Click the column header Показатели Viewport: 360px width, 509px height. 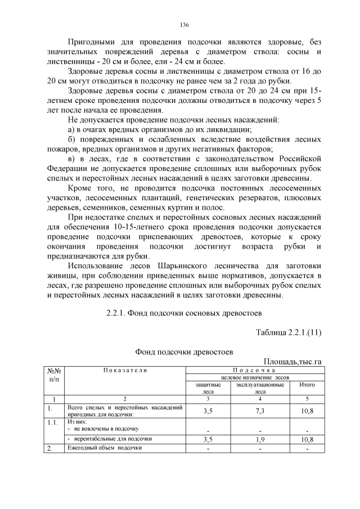pyautogui.click(x=125, y=370)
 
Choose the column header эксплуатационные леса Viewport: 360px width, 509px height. pyautogui.click(x=260, y=388)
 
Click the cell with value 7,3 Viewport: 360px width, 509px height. pyautogui.click(x=260, y=411)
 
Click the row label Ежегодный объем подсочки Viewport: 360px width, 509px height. pyautogui.click(x=104, y=448)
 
